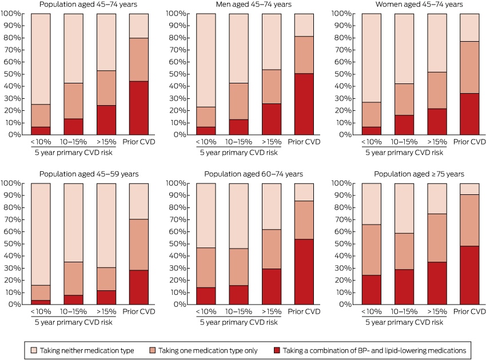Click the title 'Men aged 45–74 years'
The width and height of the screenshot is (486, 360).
(x=253, y=5)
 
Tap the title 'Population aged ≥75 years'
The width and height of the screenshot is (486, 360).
(x=419, y=174)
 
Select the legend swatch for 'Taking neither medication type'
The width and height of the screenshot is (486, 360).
(x=34, y=350)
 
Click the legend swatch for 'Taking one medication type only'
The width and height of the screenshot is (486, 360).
(x=152, y=350)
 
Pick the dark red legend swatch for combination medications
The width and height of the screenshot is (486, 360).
(x=277, y=350)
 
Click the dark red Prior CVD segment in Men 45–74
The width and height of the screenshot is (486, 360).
(x=304, y=104)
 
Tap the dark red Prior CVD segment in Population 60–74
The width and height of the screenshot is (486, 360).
(x=304, y=271)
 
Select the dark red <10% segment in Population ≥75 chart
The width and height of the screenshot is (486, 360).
(x=371, y=290)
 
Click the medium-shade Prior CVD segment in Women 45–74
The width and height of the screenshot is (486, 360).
(x=469, y=67)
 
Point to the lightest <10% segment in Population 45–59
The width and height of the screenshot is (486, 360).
(x=41, y=234)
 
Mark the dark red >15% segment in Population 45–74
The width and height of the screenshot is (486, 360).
(x=106, y=120)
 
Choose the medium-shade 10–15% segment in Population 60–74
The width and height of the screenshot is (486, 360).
(x=238, y=267)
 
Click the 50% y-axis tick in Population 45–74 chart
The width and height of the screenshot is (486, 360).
(x=13, y=74)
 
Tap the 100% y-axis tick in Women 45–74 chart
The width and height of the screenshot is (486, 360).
(x=341, y=13)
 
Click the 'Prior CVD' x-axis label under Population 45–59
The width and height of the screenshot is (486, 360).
(x=139, y=311)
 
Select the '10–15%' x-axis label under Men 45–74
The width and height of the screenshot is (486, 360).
(x=238, y=142)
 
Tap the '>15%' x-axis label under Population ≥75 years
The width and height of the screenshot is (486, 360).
(x=437, y=311)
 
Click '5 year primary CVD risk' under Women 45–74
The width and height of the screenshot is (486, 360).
(x=404, y=153)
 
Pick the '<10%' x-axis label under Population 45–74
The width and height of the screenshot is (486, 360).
(x=41, y=142)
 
